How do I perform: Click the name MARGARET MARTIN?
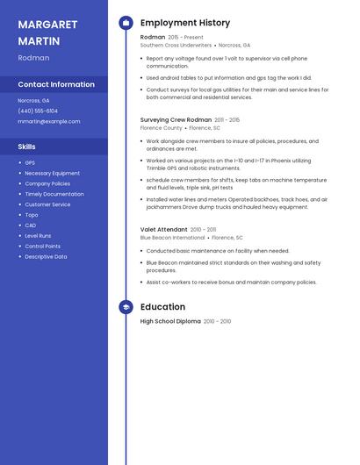(x=47, y=32)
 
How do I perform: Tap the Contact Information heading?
(x=56, y=84)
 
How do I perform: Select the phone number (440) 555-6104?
(x=38, y=111)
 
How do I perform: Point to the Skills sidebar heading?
(x=26, y=147)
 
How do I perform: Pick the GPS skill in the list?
(x=30, y=162)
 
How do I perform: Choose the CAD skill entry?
(x=31, y=225)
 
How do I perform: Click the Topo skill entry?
(x=32, y=215)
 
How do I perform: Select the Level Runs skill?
(x=38, y=236)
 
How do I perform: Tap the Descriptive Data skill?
(x=46, y=257)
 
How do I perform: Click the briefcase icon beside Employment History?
(x=126, y=23)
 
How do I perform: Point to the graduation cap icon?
(x=126, y=307)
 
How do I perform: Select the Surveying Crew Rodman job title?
(x=176, y=119)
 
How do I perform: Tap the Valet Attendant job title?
(x=164, y=229)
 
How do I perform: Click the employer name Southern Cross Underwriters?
(x=176, y=45)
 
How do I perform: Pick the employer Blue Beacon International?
(x=172, y=237)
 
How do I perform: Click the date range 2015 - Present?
(x=185, y=38)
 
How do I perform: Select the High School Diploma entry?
(x=170, y=321)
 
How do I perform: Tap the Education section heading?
(x=162, y=307)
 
